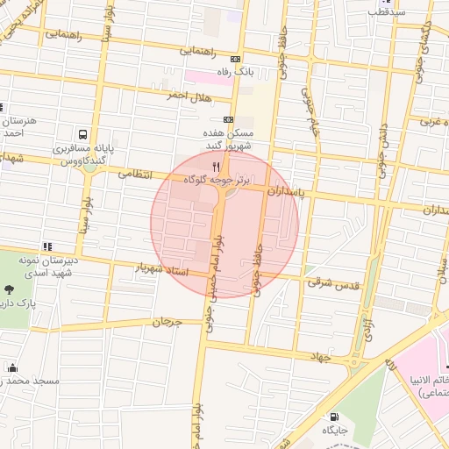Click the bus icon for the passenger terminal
pyautogui.click(x=82, y=135)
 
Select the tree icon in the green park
pyautogui.click(x=10, y=289)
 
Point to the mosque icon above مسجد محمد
pyautogui.click(x=12, y=367)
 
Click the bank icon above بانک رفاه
pyautogui.click(x=234, y=59)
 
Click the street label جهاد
pyautogui.click(x=324, y=356)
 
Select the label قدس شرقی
pyautogui.click(x=328, y=282)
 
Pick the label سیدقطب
pyautogui.click(x=386, y=12)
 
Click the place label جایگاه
pyautogui.click(x=334, y=431)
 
